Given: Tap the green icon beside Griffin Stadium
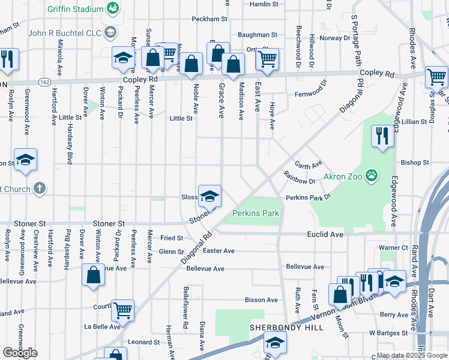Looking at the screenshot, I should click(x=112, y=8).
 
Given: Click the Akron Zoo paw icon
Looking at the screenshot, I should click(x=373, y=176).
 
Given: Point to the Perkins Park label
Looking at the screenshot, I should click(x=256, y=214).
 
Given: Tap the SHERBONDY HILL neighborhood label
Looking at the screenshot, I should click(x=287, y=328).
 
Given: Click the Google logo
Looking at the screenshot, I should click(x=20, y=353).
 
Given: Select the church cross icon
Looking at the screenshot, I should click(x=40, y=188).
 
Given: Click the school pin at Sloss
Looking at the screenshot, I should click(x=209, y=196).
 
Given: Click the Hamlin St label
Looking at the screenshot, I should click(x=265, y=4).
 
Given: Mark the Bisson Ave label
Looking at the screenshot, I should click(x=261, y=300).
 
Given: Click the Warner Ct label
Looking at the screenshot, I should click(x=393, y=247).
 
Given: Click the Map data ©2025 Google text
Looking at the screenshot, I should click(x=412, y=355).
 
